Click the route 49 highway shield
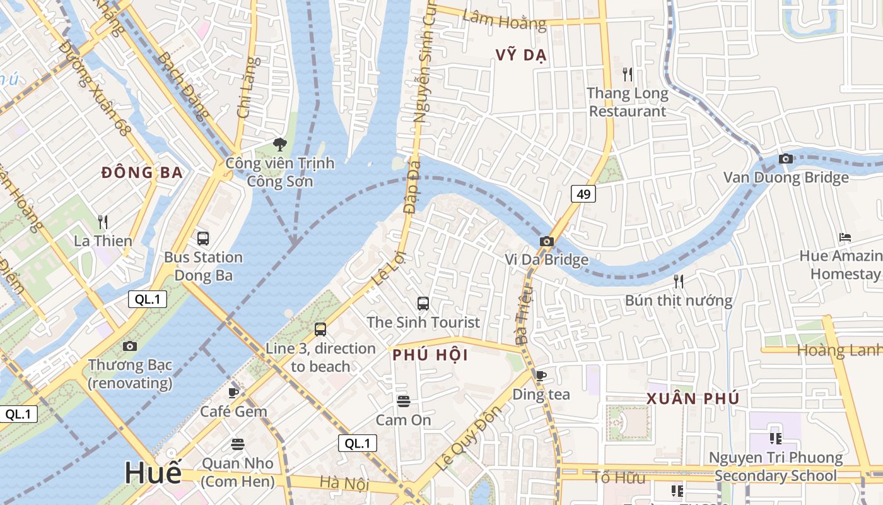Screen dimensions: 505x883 click(x=583, y=194)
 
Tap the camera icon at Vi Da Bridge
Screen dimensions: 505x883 click(x=547, y=241)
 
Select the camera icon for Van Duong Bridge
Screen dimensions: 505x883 click(x=785, y=158)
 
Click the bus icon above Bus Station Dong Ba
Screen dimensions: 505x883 click(x=203, y=239)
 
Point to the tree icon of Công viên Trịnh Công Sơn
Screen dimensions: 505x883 click(x=279, y=145)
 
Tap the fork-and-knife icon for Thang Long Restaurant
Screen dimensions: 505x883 click(x=627, y=74)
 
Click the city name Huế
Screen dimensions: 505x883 click(x=153, y=473)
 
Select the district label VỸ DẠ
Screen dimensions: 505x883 click(x=521, y=55)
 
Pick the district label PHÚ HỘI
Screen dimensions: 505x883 click(x=430, y=355)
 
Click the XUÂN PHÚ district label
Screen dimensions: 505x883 click(x=693, y=399)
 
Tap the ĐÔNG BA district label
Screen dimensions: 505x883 click(x=142, y=172)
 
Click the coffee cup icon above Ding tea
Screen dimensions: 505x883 click(x=541, y=376)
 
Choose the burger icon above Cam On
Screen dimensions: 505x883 click(x=404, y=401)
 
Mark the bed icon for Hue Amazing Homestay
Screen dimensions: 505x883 click(x=845, y=237)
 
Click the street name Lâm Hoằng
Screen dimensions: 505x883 click(x=504, y=20)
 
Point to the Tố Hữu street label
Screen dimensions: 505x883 click(x=619, y=477)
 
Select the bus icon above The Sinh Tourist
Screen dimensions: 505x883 click(x=423, y=304)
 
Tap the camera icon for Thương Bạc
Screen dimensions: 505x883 click(x=130, y=346)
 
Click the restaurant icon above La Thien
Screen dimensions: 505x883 click(x=103, y=222)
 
